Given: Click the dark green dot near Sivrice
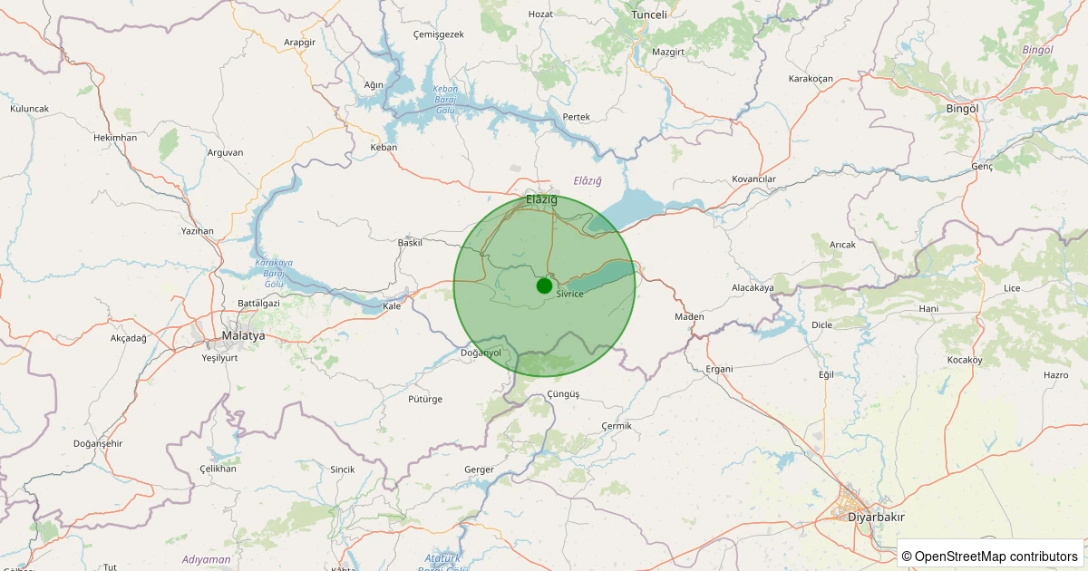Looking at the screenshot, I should pyautogui.click(x=544, y=285).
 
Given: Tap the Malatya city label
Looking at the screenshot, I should pyautogui.click(x=243, y=335).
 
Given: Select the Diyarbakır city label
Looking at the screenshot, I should pyautogui.click(x=875, y=517).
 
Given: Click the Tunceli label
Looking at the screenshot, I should pyautogui.click(x=649, y=15).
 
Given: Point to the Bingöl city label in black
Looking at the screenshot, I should pyautogui.click(x=962, y=109).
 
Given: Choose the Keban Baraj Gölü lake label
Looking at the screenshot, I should pyautogui.click(x=445, y=100).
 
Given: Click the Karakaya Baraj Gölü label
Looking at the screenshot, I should pyautogui.click(x=275, y=273).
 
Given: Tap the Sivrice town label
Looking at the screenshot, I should pyautogui.click(x=569, y=295).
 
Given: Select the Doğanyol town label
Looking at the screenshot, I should pyautogui.click(x=481, y=353).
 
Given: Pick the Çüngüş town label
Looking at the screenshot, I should pyautogui.click(x=563, y=394).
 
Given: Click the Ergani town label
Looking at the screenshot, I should pyautogui.click(x=719, y=369).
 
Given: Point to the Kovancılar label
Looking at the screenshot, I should pyautogui.click(x=754, y=179).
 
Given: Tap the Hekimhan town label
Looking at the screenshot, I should pyautogui.click(x=115, y=138).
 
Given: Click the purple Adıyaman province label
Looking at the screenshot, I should pyautogui.click(x=206, y=559).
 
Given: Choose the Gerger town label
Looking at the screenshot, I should pyautogui.click(x=479, y=469).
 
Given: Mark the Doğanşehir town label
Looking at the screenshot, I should pyautogui.click(x=97, y=443).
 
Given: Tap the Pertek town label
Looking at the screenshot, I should pyautogui.click(x=577, y=118).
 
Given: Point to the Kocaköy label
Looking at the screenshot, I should pyautogui.click(x=965, y=360).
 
